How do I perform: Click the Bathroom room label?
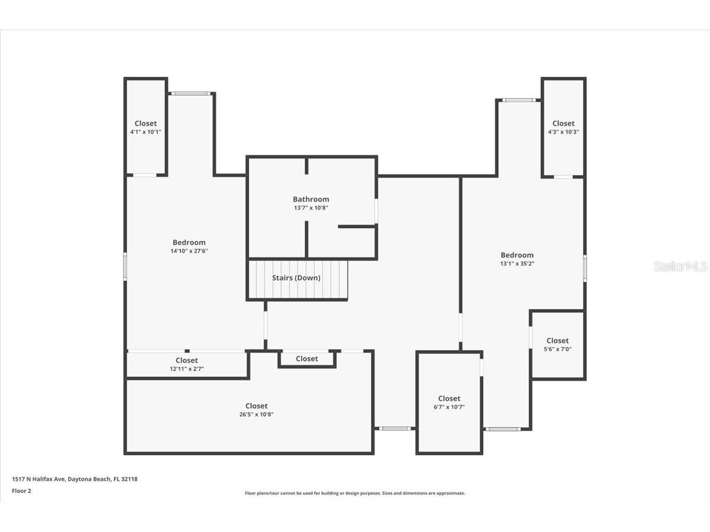coord(311,199)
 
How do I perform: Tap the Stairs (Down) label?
coord(296,278)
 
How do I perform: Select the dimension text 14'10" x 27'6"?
coord(189,251)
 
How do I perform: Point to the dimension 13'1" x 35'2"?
coord(517,264)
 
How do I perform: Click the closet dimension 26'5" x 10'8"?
coord(256,414)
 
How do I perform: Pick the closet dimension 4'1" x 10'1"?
coord(146,132)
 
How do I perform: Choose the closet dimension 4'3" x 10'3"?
coord(563,132)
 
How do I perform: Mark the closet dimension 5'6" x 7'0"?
coord(557,349)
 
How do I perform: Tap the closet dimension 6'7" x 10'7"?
coord(449,407)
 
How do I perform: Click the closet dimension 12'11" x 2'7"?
coord(186,369)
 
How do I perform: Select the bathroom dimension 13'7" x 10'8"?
coord(311,207)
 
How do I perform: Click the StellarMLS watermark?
coord(680,266)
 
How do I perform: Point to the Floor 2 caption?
coord(21,491)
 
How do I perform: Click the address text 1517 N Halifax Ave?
coord(38,479)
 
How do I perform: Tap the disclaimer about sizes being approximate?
coord(354,493)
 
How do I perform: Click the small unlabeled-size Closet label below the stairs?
coord(306,359)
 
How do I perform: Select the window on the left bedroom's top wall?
coord(191,93)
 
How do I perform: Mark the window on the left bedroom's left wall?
coord(125,267)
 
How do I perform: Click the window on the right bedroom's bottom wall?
coord(502,429)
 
